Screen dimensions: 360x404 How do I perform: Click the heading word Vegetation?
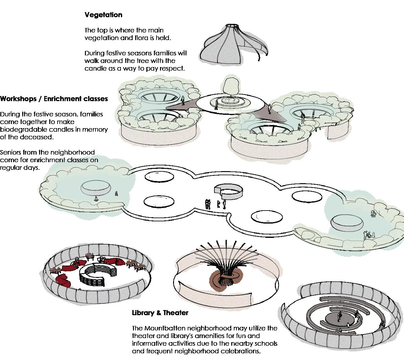coord(103,15)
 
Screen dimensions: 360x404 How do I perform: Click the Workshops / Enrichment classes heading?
coord(54,99)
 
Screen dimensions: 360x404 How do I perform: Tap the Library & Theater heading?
coord(160,313)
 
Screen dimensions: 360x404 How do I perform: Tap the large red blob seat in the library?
coord(64,280)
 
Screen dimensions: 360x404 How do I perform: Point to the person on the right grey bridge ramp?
coord(269,109)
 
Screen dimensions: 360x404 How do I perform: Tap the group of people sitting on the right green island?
coord(369,235)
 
